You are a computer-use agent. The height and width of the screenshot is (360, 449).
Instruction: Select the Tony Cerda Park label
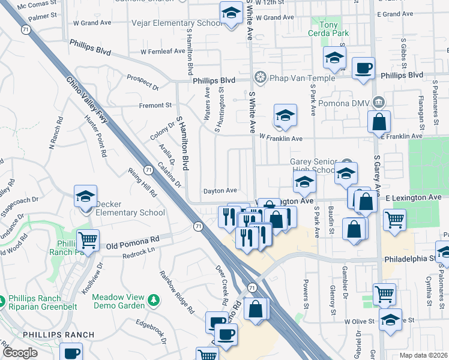(333, 29)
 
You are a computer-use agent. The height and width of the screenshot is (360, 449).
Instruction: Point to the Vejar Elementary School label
(176, 23)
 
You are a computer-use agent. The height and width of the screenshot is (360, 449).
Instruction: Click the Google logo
(20, 353)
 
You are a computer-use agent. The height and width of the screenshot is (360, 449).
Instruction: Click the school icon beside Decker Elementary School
(85, 196)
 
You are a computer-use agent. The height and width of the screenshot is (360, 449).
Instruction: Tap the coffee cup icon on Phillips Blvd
(363, 68)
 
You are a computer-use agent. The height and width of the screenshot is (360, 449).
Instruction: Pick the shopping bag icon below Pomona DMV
(379, 122)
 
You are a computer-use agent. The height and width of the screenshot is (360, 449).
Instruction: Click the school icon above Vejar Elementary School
(230, 13)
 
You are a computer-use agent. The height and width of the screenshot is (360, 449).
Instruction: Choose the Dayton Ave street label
(220, 191)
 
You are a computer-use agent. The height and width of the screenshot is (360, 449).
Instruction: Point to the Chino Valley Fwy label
(88, 100)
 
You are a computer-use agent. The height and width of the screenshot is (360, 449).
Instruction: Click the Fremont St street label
(155, 106)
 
